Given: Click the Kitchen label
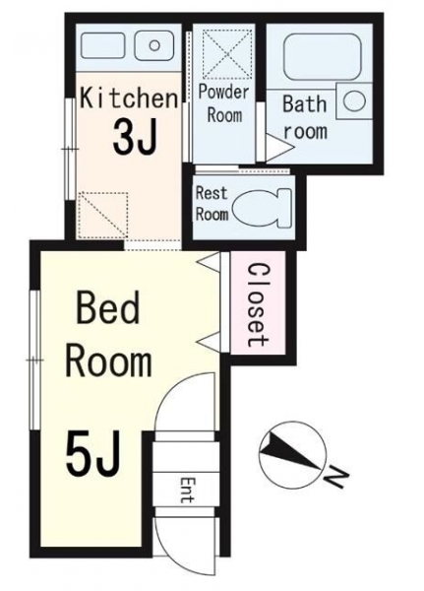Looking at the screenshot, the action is coord(129,98).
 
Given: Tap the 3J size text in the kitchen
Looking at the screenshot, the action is coord(135,137).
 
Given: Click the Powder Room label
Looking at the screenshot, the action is coord(224,103).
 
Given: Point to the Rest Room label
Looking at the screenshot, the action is coord(212,204).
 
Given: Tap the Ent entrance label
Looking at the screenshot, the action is coord(187,490).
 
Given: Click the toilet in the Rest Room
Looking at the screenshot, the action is coord(262,209).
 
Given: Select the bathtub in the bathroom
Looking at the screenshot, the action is coord(322,57).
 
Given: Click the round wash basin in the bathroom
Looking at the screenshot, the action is coord(354,101).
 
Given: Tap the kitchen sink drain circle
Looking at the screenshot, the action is coord(154,45).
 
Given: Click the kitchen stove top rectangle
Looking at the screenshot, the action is coord(102,45).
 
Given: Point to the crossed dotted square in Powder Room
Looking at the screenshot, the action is coord(227,54).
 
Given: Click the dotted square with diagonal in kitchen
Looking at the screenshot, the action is coord(102,215).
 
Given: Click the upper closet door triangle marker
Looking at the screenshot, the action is coord(209,262).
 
